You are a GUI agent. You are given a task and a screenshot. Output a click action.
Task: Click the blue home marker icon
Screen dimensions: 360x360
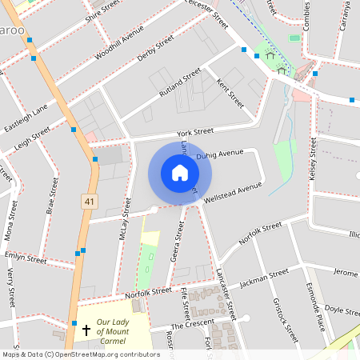point(179,173)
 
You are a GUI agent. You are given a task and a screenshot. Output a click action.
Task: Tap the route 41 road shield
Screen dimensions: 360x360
point(89,202)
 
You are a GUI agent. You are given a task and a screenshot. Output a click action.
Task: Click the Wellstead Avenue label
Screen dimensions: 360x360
point(233,192)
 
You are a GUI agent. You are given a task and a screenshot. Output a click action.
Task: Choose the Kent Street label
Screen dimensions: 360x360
point(230,93)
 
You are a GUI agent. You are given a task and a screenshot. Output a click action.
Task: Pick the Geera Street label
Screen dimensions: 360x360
point(179,248)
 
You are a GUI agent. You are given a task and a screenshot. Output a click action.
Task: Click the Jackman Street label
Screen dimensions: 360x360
point(263,278)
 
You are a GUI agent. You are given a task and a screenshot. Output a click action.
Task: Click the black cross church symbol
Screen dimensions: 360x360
point(86,330)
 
